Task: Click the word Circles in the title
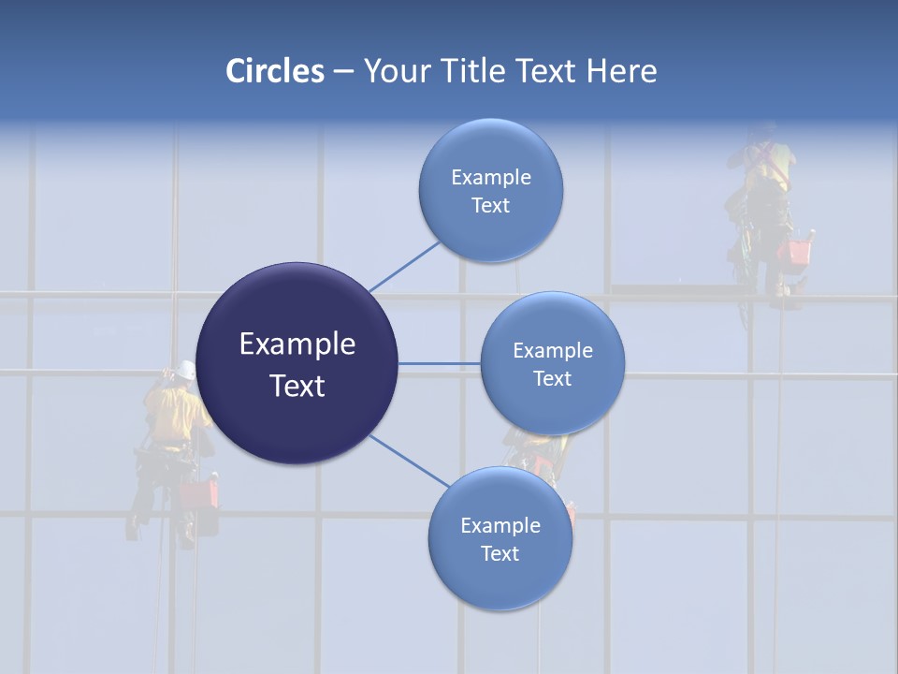pos(275,71)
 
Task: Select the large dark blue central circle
pos(297,363)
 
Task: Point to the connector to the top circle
pos(404,266)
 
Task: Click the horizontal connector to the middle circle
pos(439,363)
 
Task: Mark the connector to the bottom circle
pos(410,462)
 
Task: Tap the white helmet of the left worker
pos(187,370)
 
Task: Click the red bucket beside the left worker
pos(197,493)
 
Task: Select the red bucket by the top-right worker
pos(798,251)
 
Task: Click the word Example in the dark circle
pos(297,344)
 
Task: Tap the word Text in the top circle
pos(491,205)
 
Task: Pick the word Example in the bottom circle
pos(500,525)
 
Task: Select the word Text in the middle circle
pos(553,378)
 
